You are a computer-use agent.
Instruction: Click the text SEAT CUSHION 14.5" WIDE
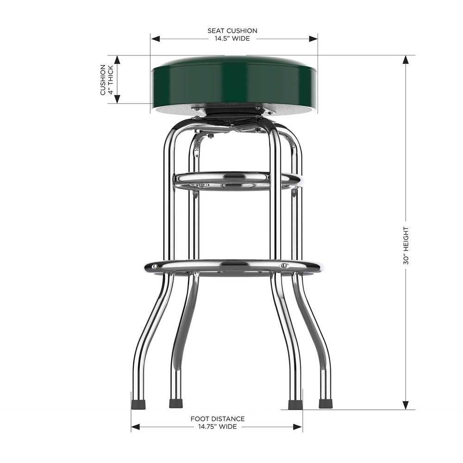tap(232, 35)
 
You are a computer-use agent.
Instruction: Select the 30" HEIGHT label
tap(406, 245)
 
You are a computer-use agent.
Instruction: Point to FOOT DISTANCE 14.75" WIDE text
tap(218, 422)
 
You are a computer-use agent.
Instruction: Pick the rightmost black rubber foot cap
tap(325, 403)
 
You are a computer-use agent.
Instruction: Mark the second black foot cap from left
tap(176, 404)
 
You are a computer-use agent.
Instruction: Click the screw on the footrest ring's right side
tap(284, 266)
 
